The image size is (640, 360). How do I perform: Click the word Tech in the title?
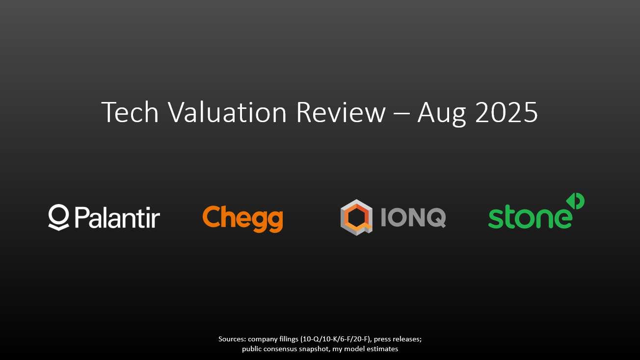point(130,112)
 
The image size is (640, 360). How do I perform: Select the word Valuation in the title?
point(227,112)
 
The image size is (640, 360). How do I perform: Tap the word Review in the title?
point(341,112)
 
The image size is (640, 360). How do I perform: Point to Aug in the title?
point(442,114)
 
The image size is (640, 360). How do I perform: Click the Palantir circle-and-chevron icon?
point(58,217)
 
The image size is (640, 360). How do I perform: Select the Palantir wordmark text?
point(117,217)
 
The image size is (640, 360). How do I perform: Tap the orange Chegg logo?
point(243,219)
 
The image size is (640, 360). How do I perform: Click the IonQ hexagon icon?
point(356,218)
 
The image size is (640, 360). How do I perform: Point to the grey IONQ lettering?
point(413,218)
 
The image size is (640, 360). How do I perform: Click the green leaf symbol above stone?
point(575,201)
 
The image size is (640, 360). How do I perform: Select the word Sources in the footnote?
point(232,339)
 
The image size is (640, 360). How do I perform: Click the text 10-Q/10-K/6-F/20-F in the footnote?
point(336,339)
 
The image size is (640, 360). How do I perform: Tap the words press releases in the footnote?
point(398,339)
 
